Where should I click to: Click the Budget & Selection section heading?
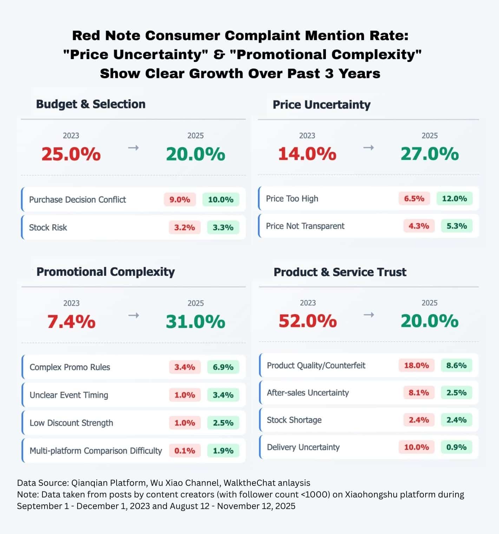click(91, 104)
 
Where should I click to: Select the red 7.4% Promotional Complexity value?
click(71, 322)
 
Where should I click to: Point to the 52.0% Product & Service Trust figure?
click(308, 321)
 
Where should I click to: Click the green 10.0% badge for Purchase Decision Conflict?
click(221, 199)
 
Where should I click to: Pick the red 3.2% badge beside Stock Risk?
click(185, 227)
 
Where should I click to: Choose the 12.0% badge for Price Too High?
click(454, 198)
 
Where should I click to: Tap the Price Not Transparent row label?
click(305, 226)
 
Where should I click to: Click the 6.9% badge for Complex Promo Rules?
click(223, 367)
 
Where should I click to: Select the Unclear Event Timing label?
click(69, 395)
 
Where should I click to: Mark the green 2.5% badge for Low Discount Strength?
click(223, 422)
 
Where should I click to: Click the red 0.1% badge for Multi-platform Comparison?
click(185, 451)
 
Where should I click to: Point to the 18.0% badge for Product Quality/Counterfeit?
click(416, 365)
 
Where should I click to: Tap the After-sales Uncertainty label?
click(308, 393)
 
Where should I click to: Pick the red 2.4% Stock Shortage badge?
click(419, 420)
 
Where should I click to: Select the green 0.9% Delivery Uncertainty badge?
click(456, 447)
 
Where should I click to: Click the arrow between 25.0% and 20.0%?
click(133, 148)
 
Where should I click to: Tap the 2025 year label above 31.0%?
click(196, 303)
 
